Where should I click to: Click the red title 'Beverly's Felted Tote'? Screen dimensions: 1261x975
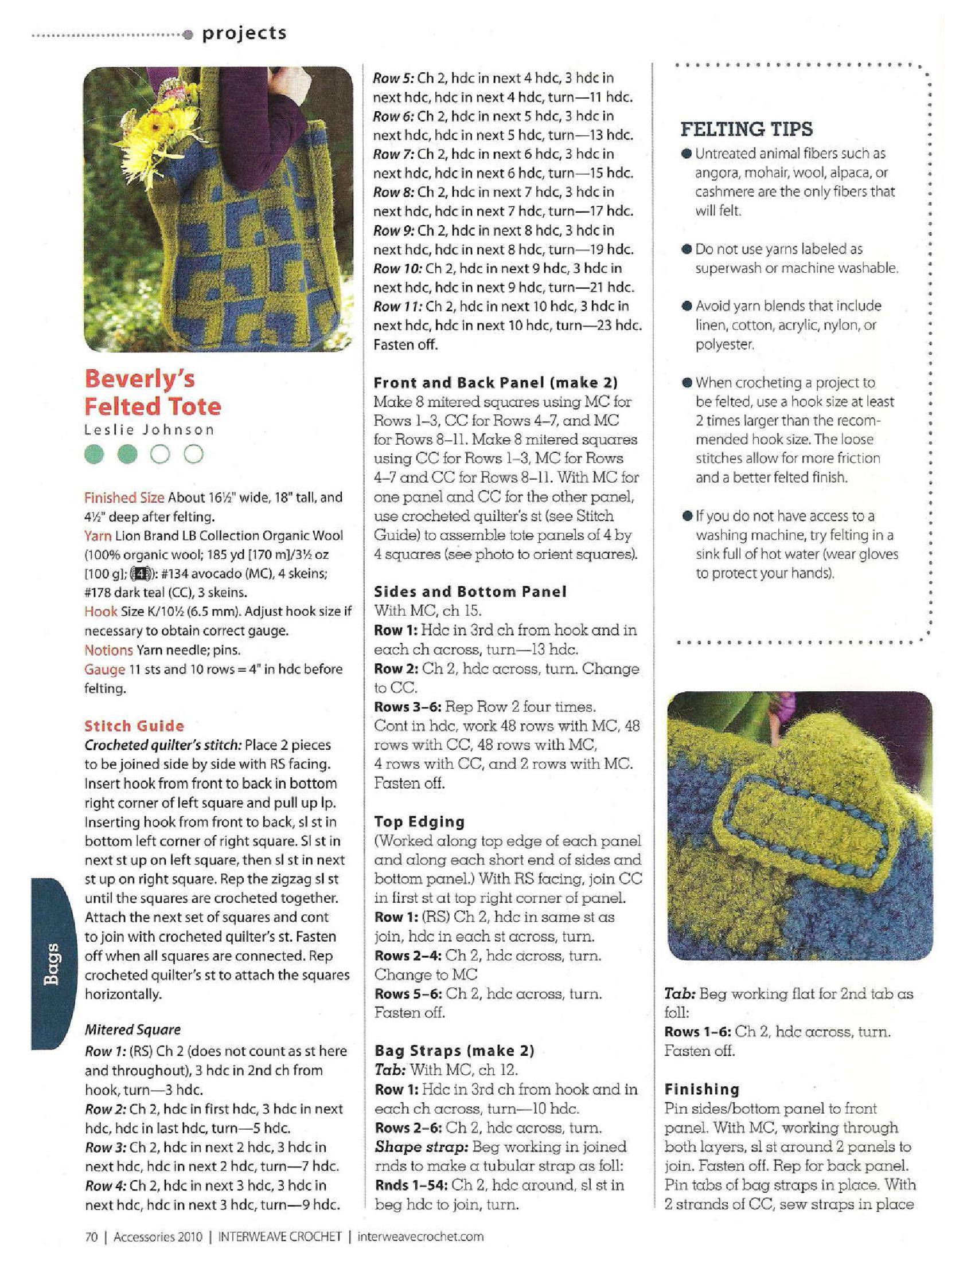(153, 393)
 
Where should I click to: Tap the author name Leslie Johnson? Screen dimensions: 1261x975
(149, 429)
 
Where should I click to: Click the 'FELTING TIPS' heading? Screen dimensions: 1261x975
(746, 129)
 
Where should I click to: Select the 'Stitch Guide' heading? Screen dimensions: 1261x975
(134, 726)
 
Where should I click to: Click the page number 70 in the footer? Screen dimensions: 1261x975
(91, 1236)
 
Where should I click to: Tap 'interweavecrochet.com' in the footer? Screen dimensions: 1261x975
(420, 1236)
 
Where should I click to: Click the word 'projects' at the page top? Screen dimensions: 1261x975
(244, 33)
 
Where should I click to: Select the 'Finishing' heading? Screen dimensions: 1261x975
(702, 1090)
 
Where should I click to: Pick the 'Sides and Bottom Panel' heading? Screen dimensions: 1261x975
(470, 592)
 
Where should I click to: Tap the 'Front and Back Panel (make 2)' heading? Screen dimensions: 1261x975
(496, 382)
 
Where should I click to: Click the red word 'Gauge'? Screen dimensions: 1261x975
(104, 669)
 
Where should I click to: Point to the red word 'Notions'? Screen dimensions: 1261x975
(108, 650)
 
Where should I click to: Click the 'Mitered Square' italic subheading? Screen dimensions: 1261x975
(132, 1029)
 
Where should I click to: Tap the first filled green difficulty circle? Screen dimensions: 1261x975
(96, 455)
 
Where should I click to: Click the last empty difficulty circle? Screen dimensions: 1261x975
(194, 455)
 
